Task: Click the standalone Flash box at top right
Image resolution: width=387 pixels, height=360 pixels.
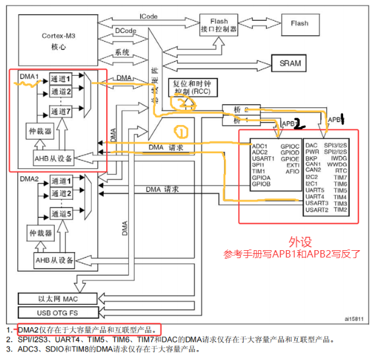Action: (x=300, y=23)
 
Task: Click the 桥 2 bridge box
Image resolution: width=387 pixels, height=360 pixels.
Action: (x=242, y=110)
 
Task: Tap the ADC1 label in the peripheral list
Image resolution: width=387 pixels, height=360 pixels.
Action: (x=260, y=146)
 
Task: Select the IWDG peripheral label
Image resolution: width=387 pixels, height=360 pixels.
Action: (x=339, y=157)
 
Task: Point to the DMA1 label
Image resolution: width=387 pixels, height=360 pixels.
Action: (x=29, y=76)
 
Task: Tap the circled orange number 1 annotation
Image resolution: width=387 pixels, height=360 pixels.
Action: (x=181, y=131)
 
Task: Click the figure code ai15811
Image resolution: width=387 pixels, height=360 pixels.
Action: (x=353, y=319)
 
